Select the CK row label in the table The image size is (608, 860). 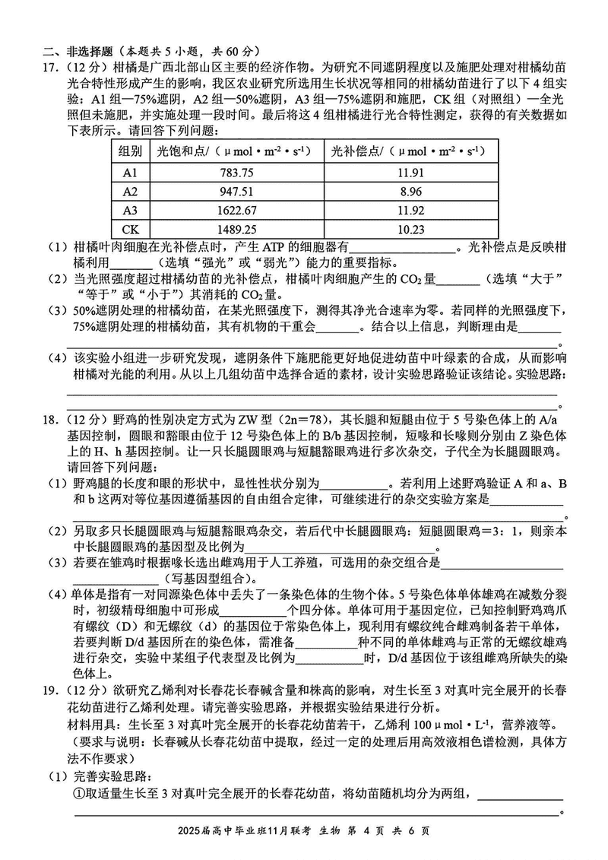pos(130,229)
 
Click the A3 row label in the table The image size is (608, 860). pos(130,210)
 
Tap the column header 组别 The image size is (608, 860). pos(130,151)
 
